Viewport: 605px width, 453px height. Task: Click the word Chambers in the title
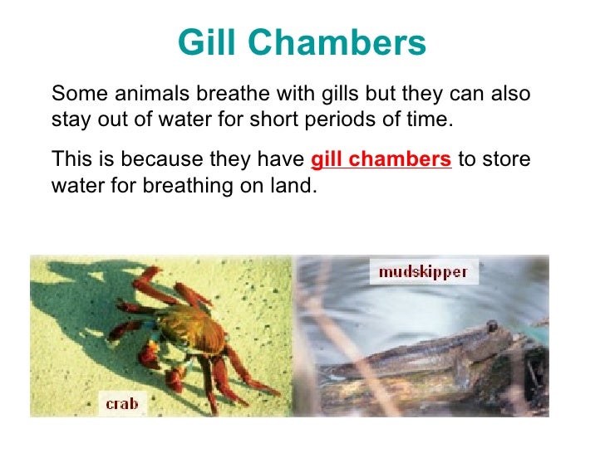pyautogui.click(x=339, y=44)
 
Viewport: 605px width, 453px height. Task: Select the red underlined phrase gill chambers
pyautogui.click(x=381, y=159)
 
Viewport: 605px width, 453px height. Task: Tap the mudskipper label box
pyautogui.click(x=423, y=271)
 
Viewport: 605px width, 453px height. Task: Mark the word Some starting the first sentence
pyautogui.click(x=75, y=94)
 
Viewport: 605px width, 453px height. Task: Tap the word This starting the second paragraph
pyautogui.click(x=69, y=159)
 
